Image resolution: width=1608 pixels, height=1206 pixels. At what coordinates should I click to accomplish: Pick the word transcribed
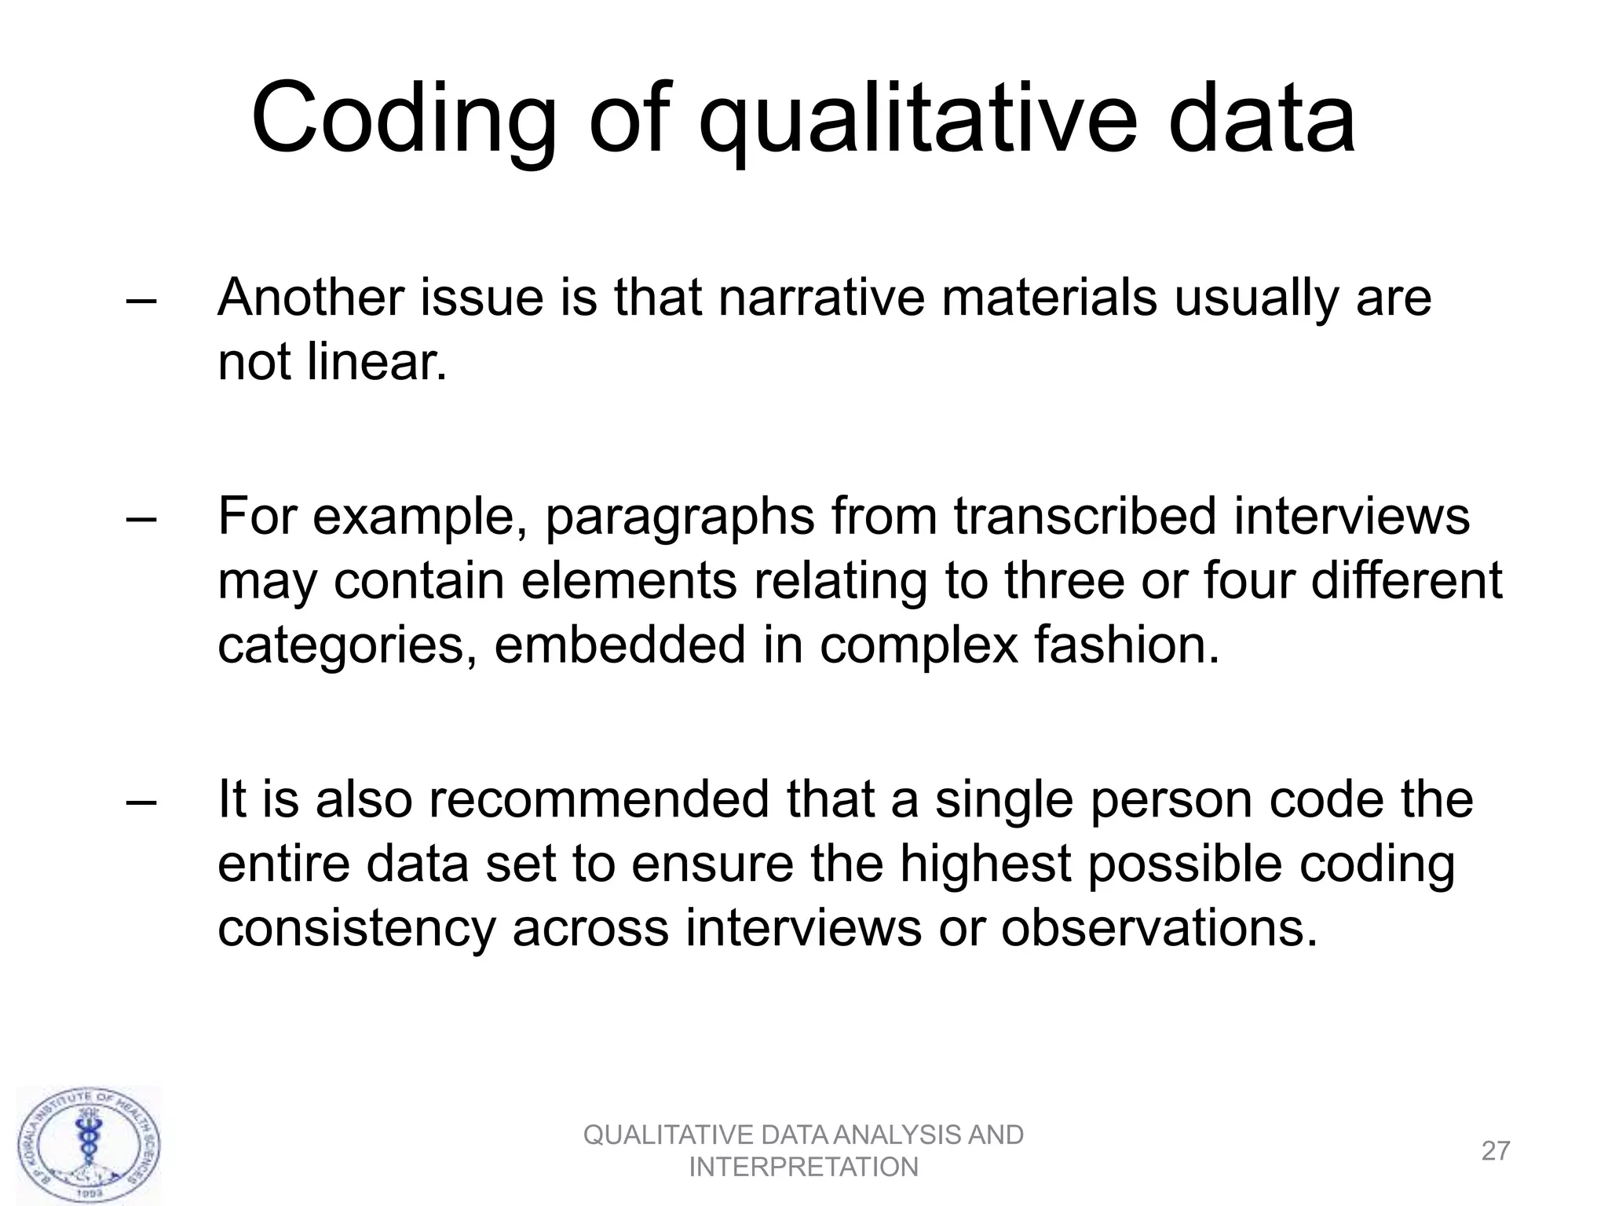[1084, 517]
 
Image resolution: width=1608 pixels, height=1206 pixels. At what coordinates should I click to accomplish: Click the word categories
[345, 646]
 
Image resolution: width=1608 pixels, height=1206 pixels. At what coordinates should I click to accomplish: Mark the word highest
[985, 865]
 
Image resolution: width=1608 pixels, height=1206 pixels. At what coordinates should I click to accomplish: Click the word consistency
[356, 930]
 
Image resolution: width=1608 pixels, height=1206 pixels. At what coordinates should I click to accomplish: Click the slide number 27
[1495, 1151]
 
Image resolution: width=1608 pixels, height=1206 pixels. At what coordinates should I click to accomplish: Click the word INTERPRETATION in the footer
[803, 1168]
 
